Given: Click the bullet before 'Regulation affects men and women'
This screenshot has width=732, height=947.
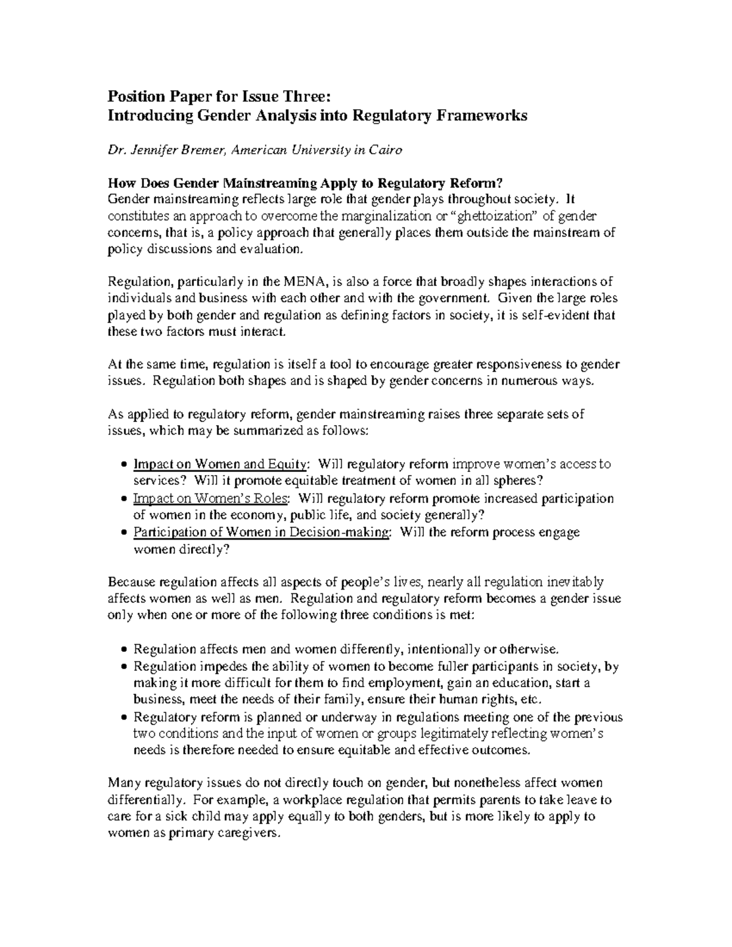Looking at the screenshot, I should tap(124, 649).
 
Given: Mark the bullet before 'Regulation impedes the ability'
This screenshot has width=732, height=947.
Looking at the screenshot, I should tap(124, 666).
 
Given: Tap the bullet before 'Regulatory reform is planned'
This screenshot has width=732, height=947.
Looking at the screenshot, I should tap(124, 717).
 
